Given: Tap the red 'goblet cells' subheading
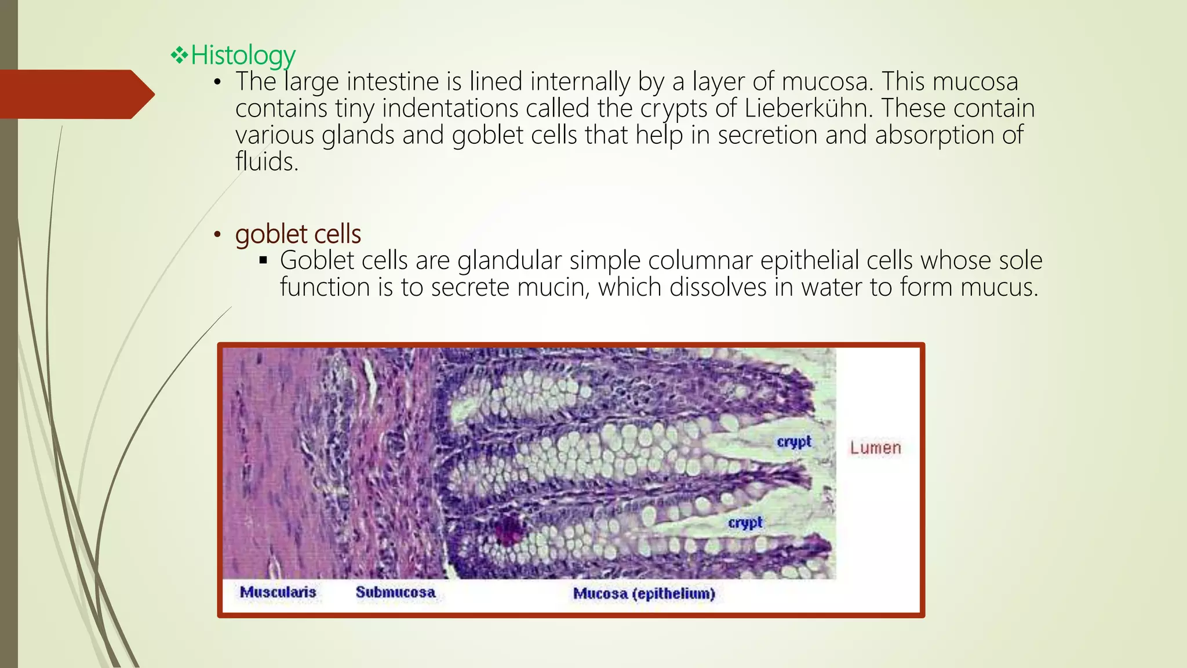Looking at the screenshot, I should coord(298,234).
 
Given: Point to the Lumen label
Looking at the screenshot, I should coord(875,448).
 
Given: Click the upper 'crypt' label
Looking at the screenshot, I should coord(793,442).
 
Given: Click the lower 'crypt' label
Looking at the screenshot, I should coord(745,522).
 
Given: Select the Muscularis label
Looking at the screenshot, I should coord(278,592).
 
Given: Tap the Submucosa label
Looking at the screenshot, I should coord(395,592).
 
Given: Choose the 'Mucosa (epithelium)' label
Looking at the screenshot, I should coord(644,593).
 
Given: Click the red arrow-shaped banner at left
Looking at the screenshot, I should coord(75,95).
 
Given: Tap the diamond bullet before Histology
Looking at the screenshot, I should coord(179,56).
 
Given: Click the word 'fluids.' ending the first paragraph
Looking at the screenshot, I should coord(267,162).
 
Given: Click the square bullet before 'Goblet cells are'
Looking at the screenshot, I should coord(263,260).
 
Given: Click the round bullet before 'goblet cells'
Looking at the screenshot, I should coord(217,235).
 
